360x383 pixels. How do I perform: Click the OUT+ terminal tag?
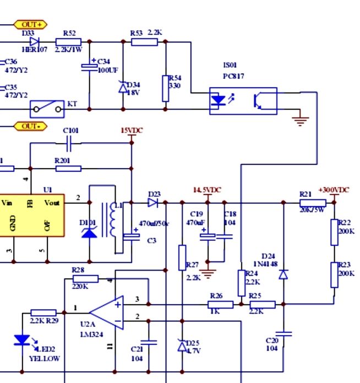click(x=30, y=24)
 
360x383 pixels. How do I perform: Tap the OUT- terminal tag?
click(x=30, y=126)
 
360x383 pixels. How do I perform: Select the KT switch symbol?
click(x=47, y=109)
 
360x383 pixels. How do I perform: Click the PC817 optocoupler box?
click(x=243, y=101)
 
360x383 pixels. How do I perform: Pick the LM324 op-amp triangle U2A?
click(x=107, y=312)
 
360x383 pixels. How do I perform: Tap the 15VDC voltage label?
click(x=132, y=131)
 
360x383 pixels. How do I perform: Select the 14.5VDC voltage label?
click(x=207, y=190)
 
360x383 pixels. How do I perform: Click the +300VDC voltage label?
click(x=334, y=190)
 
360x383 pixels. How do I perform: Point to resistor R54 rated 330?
click(x=165, y=89)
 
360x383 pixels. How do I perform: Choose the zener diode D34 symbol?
click(x=123, y=87)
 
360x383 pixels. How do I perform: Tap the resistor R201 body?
click(x=68, y=168)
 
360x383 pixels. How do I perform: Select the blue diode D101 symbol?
click(x=89, y=232)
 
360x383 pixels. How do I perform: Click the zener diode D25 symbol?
click(x=182, y=346)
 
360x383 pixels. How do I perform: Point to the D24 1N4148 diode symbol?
click(x=283, y=274)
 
